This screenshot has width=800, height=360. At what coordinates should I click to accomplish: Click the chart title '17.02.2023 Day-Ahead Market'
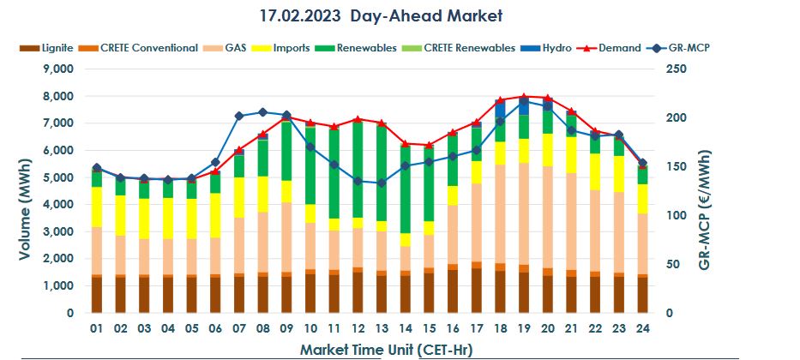pos(380,15)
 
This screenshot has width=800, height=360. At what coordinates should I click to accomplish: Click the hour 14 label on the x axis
pos(405,329)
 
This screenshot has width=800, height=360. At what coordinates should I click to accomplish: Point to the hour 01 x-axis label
pos(97,329)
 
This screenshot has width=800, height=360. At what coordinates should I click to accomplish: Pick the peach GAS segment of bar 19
pos(523,214)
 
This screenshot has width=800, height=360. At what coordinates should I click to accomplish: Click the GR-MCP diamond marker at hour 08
pos(262,112)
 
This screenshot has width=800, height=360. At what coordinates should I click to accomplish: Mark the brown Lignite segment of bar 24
pos(641,295)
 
